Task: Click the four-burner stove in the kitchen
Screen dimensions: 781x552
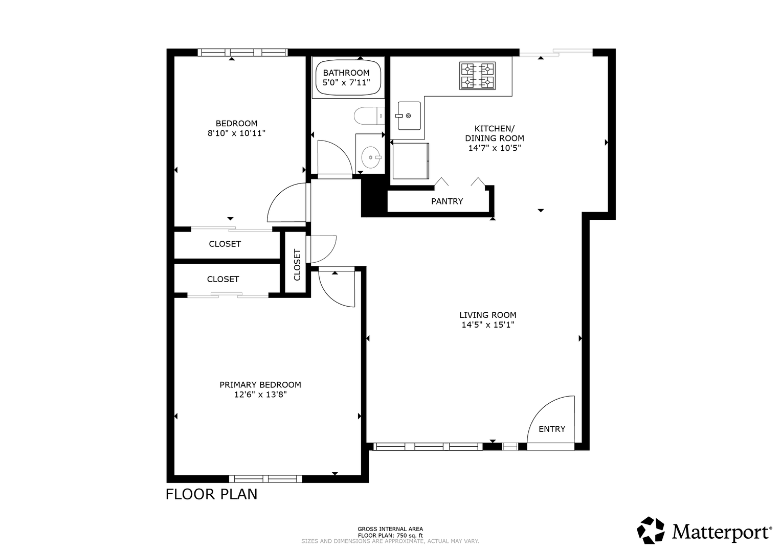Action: (x=477, y=76)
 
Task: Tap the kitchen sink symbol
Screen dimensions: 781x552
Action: (x=409, y=116)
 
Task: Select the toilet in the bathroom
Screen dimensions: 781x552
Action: (x=369, y=116)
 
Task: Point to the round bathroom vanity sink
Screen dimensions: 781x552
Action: (x=371, y=157)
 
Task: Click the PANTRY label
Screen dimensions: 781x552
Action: (x=447, y=201)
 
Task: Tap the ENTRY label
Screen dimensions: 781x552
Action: (x=552, y=429)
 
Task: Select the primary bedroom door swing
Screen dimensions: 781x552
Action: (x=329, y=296)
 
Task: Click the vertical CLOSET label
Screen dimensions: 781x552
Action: (x=297, y=265)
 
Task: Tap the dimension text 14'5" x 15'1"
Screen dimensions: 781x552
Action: (x=488, y=325)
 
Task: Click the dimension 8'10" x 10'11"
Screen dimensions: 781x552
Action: (x=236, y=133)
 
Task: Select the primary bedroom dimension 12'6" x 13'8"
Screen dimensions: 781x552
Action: (x=260, y=395)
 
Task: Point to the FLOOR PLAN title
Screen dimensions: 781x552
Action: (x=211, y=494)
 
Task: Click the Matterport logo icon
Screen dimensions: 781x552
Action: (x=651, y=530)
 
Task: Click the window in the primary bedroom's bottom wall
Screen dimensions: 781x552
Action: (x=265, y=479)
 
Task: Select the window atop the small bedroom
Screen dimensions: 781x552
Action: (x=242, y=52)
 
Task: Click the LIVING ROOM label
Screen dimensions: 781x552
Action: (x=488, y=315)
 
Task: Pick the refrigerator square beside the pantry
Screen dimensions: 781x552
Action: (x=411, y=160)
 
